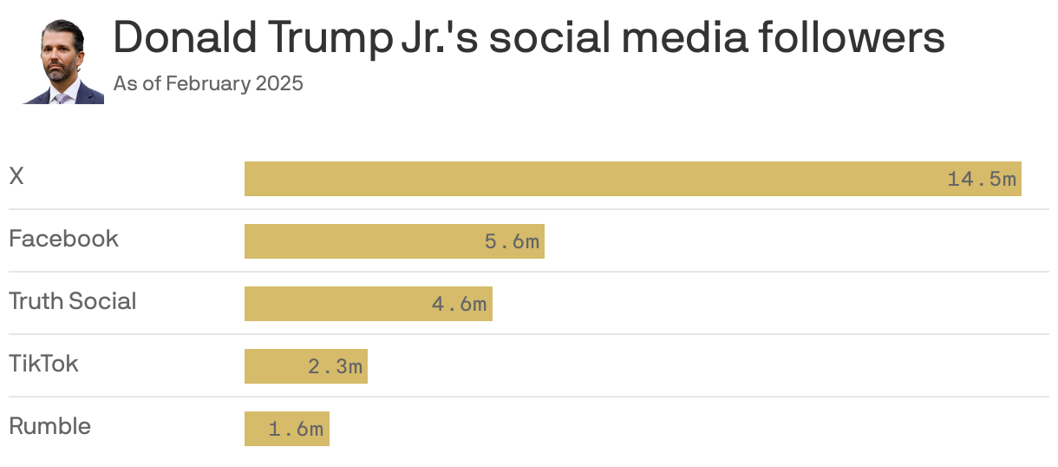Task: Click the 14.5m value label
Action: click(982, 180)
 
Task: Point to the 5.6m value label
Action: click(512, 242)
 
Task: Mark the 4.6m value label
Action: click(459, 305)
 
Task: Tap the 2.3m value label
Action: click(335, 367)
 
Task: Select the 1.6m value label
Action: click(296, 430)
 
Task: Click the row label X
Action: click(16, 176)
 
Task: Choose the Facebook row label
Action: click(63, 239)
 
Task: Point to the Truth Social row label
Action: click(73, 301)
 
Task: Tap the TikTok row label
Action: click(43, 364)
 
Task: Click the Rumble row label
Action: click(49, 426)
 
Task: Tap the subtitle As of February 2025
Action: click(208, 84)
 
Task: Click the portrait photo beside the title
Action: click(63, 62)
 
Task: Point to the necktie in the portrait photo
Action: click(61, 98)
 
